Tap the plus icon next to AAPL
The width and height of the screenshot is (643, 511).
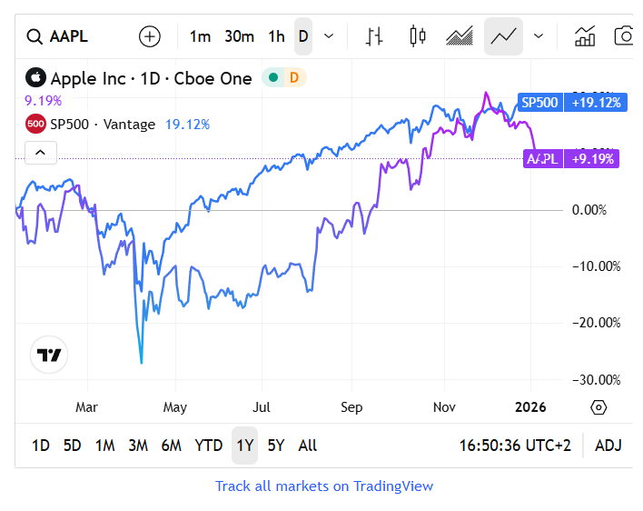[149, 36]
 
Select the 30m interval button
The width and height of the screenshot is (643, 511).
[239, 36]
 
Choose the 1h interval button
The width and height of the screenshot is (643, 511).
[276, 36]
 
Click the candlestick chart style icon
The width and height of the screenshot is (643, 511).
[418, 36]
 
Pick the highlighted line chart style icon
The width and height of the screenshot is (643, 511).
[503, 36]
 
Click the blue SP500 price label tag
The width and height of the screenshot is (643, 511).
[539, 103]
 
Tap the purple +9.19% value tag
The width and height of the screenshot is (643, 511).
[592, 159]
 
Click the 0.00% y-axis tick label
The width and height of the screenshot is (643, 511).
[598, 210]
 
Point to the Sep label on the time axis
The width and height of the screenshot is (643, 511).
[351, 406]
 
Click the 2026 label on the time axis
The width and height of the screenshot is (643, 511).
[530, 406]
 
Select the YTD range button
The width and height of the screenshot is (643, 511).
[209, 446]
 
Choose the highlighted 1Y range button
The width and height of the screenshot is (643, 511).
[244, 446]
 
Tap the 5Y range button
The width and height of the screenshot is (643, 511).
[276, 446]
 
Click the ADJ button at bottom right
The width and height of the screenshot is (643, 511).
[608, 446]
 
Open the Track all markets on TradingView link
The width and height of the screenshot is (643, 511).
[324, 486]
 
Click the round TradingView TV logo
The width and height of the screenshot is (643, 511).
[49, 355]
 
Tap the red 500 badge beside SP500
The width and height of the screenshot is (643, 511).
[35, 124]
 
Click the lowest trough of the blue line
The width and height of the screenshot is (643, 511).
[141, 362]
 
